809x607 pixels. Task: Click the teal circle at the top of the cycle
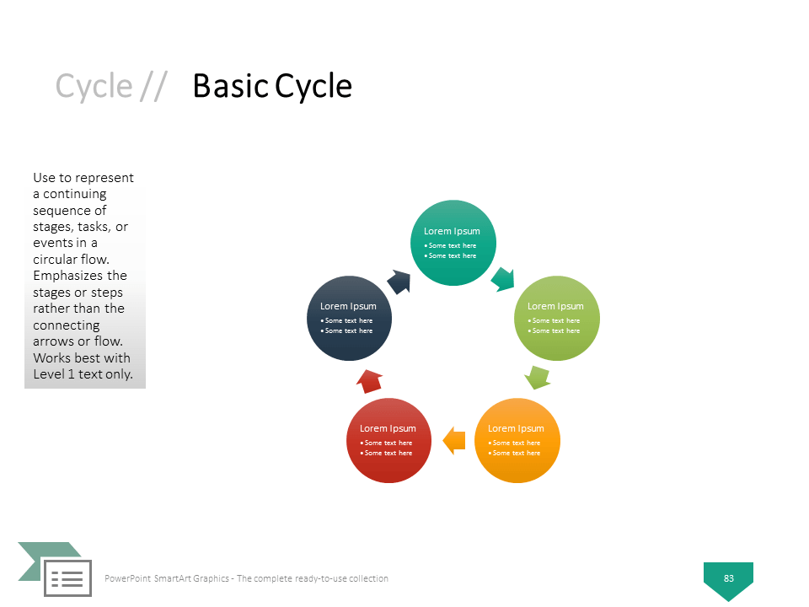click(453, 243)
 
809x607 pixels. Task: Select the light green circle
click(557, 318)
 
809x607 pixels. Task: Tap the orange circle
click(517, 440)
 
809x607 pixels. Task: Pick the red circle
click(388, 440)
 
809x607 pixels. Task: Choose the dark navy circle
click(349, 318)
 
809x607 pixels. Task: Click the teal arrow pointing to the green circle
click(503, 279)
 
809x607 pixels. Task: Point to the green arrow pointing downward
click(537, 378)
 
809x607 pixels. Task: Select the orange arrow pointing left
click(454, 440)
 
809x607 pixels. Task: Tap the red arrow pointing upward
click(369, 381)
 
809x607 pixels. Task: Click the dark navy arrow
click(399, 282)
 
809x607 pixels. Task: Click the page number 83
click(728, 578)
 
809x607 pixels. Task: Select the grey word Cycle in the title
click(94, 86)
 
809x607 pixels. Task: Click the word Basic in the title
click(231, 86)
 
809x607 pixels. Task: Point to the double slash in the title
click(153, 86)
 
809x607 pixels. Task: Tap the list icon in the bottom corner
click(67, 578)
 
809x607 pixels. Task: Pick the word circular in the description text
click(56, 259)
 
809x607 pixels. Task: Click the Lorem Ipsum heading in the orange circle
click(516, 428)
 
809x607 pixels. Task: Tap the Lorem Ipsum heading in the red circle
click(388, 428)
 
